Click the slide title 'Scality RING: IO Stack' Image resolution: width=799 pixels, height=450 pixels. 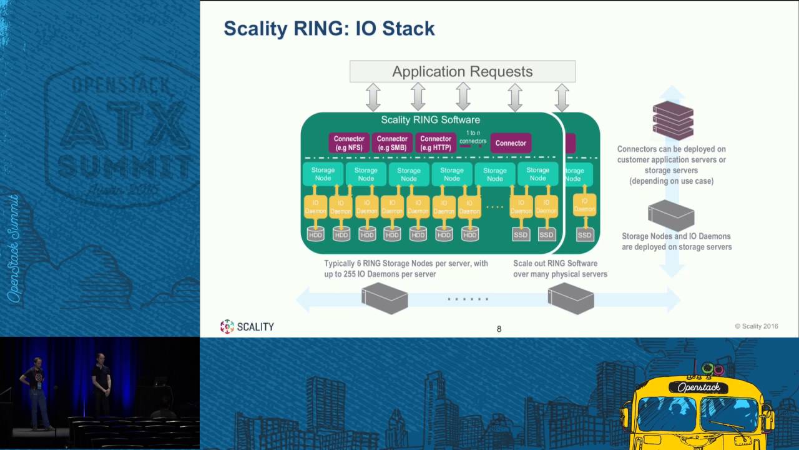click(329, 29)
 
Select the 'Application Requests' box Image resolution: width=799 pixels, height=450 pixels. click(462, 71)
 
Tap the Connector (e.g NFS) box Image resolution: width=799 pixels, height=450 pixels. click(349, 143)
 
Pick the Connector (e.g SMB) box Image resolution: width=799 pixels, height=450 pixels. click(392, 143)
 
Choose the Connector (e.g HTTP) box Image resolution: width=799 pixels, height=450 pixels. click(436, 143)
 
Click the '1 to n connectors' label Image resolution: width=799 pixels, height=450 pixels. click(473, 137)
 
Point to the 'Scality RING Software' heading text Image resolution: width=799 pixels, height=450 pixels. click(430, 120)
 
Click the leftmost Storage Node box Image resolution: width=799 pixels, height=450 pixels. click(323, 174)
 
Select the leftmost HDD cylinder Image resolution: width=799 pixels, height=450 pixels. click(316, 234)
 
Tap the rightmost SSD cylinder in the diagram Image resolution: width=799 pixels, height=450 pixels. click(584, 234)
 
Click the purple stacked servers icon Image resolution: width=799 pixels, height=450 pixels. click(673, 120)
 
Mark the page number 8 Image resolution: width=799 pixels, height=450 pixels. click(499, 329)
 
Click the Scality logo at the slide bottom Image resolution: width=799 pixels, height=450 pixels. click(247, 326)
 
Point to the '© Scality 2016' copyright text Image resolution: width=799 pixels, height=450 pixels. click(756, 326)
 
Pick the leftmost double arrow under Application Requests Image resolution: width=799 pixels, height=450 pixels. click(373, 97)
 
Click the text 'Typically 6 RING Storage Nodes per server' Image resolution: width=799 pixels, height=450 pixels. click(406, 264)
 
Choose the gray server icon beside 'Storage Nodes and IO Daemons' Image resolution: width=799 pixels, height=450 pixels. click(671, 216)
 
